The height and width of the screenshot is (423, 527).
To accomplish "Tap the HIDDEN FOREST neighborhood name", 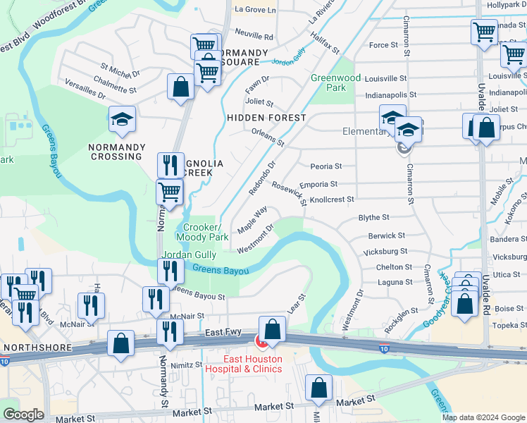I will click(x=266, y=118).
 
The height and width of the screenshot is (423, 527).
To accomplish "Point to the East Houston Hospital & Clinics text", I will click(x=243, y=364).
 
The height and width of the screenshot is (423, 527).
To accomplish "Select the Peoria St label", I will click(x=325, y=166).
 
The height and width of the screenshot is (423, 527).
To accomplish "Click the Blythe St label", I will click(x=373, y=218).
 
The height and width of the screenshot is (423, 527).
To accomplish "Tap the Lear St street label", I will click(x=296, y=304).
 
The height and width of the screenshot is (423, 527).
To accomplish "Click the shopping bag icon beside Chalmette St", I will click(x=180, y=87).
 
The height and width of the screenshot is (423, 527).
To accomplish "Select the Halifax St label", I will click(x=325, y=47).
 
